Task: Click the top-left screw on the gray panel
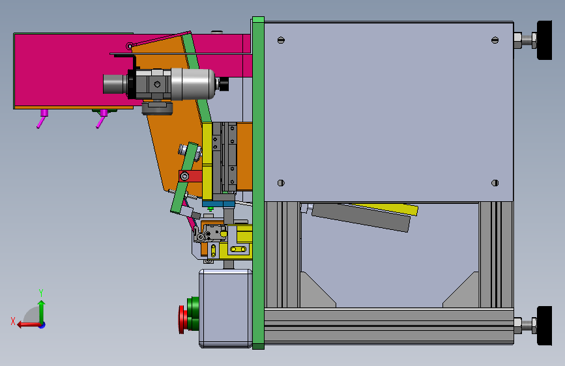click(281, 40)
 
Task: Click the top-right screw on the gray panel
click(495, 40)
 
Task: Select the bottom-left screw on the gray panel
click(281, 183)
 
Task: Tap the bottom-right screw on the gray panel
click(495, 183)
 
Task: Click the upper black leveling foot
click(544, 40)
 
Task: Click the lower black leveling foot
click(544, 326)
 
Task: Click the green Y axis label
click(41, 293)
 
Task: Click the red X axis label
click(13, 321)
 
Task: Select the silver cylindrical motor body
click(193, 84)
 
